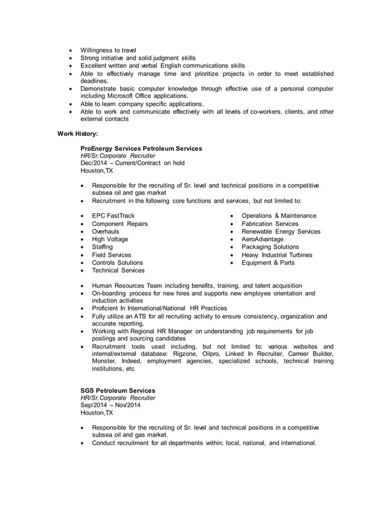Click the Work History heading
(x=77, y=132)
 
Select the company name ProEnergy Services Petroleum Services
(x=142, y=148)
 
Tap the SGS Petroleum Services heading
(x=118, y=390)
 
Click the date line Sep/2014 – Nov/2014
(x=110, y=405)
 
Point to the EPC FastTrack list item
(x=113, y=216)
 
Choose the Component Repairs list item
(x=120, y=224)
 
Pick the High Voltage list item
(x=110, y=239)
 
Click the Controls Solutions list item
(x=118, y=262)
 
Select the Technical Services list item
(x=118, y=270)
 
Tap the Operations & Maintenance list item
(x=279, y=216)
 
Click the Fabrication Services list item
(x=270, y=224)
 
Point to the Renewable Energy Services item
(x=281, y=232)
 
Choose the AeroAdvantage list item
(x=263, y=239)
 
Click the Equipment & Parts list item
(x=268, y=262)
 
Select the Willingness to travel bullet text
(x=108, y=50)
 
